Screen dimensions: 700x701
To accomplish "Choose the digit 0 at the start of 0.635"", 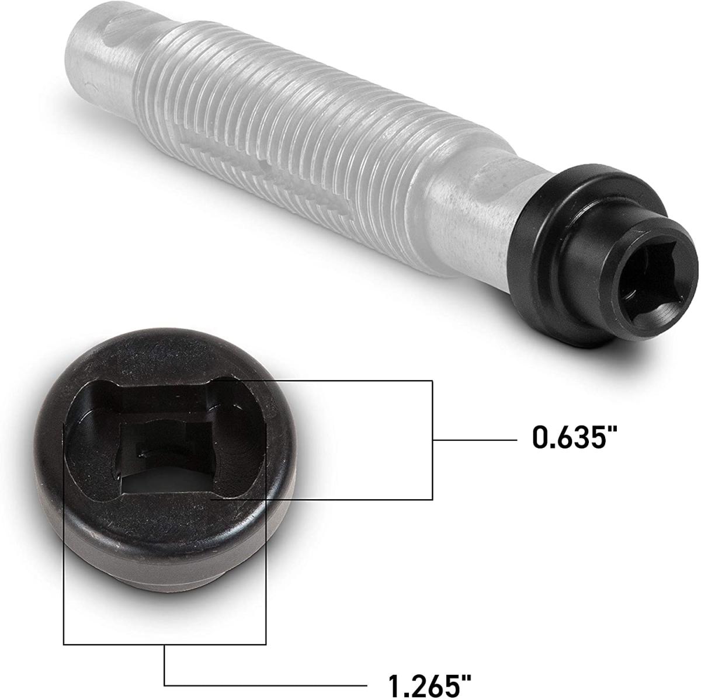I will click(542, 437).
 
